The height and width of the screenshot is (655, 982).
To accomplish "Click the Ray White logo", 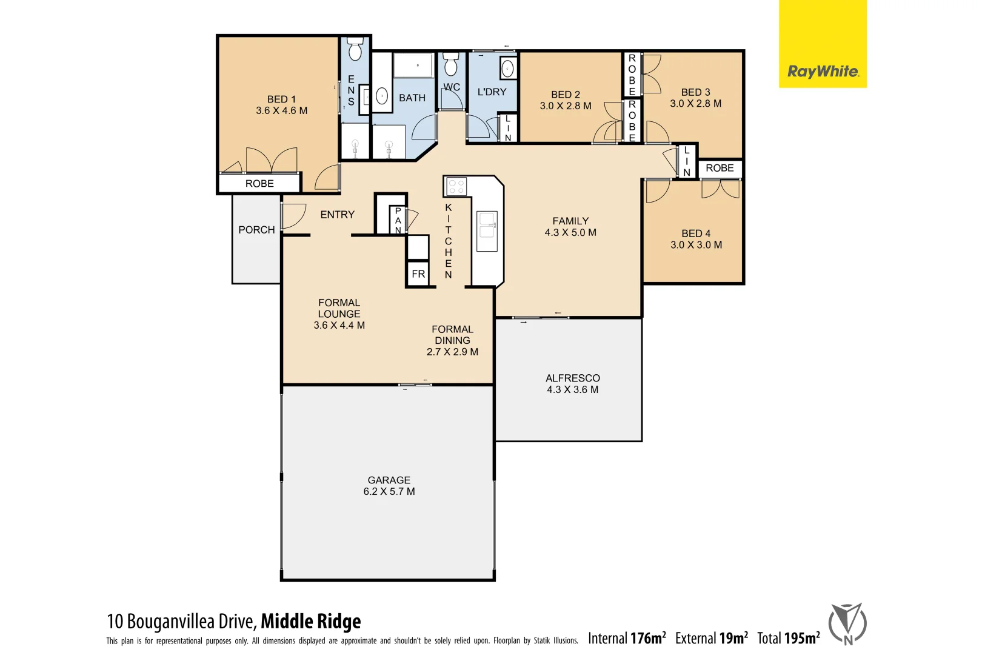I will click(x=822, y=72).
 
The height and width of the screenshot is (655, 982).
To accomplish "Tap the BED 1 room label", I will click(x=281, y=104).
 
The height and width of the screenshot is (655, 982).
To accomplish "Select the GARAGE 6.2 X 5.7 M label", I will click(x=389, y=485).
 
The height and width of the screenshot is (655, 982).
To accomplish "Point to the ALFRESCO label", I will click(x=572, y=378).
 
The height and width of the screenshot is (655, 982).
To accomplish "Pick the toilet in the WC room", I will click(x=450, y=64).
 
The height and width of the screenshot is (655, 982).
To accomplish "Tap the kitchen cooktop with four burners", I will click(x=456, y=186).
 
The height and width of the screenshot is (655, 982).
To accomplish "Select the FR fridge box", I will click(x=418, y=274).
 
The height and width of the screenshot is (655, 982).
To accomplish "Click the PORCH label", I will click(x=256, y=230).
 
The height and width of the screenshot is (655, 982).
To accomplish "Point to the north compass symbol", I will click(x=847, y=623).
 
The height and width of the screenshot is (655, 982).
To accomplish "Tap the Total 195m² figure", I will click(x=788, y=638).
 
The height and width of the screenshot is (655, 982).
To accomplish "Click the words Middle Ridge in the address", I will click(x=311, y=621).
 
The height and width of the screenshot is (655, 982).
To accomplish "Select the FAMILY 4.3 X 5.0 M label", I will click(x=570, y=226).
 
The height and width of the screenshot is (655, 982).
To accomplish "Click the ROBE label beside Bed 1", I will click(x=259, y=183).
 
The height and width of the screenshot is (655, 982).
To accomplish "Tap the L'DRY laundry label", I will click(x=492, y=92).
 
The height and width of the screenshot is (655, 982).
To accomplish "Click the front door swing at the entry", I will click(x=293, y=216).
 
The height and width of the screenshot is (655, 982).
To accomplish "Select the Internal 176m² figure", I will click(x=627, y=638).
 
